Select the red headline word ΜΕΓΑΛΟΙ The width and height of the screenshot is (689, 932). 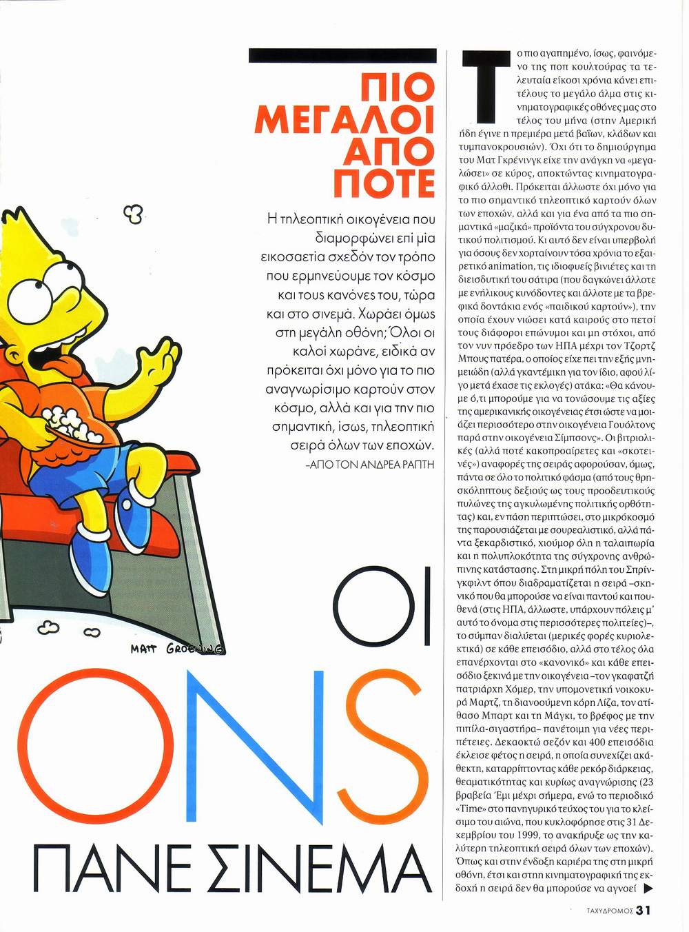click(x=344, y=120)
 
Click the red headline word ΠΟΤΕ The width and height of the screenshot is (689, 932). click(x=384, y=182)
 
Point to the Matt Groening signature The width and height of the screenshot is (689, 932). click(x=177, y=649)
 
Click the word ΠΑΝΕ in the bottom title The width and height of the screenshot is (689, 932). click(x=111, y=871)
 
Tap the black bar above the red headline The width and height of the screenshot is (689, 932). click(x=342, y=56)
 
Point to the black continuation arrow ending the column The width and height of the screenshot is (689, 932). click(x=648, y=889)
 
